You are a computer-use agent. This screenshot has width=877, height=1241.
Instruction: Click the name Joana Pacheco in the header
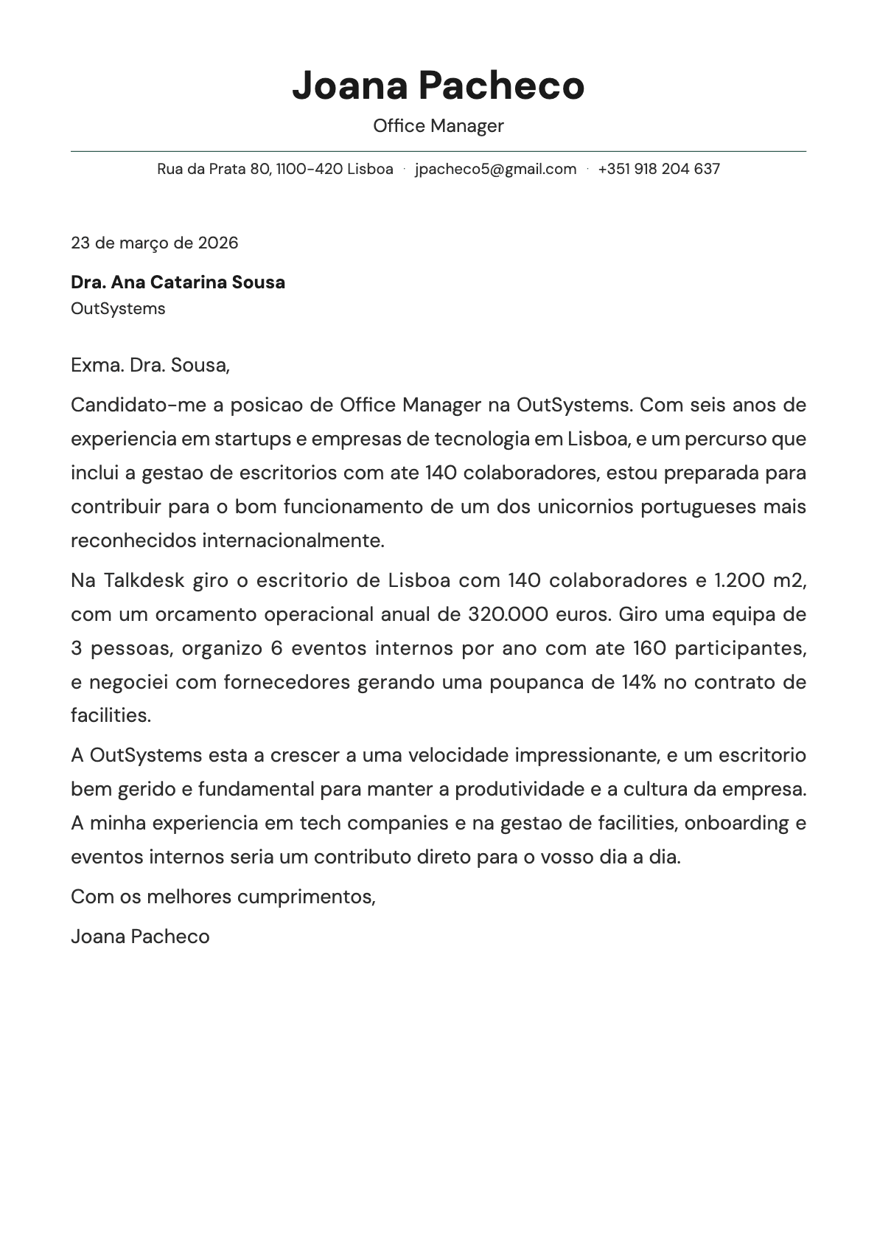click(x=438, y=86)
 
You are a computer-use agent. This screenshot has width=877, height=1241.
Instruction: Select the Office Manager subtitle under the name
click(x=438, y=126)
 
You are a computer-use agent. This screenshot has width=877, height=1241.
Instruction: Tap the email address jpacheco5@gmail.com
click(x=495, y=169)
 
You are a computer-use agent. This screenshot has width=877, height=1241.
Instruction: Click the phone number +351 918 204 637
click(x=659, y=169)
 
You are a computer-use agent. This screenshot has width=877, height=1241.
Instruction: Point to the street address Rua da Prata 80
click(x=214, y=169)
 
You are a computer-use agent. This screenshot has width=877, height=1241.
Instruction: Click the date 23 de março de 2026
click(x=154, y=243)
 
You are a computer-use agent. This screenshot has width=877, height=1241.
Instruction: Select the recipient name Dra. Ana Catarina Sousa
click(x=178, y=282)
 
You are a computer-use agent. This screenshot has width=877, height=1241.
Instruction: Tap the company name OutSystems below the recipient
click(x=118, y=308)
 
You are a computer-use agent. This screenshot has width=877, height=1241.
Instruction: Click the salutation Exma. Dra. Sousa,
click(x=150, y=365)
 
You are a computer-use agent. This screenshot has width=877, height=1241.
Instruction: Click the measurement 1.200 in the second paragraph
click(x=739, y=580)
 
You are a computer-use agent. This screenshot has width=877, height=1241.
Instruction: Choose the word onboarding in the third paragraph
click(x=736, y=823)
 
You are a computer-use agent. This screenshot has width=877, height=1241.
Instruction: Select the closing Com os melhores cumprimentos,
click(x=223, y=897)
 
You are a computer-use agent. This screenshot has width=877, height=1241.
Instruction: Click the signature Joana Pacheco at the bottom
click(x=140, y=936)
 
